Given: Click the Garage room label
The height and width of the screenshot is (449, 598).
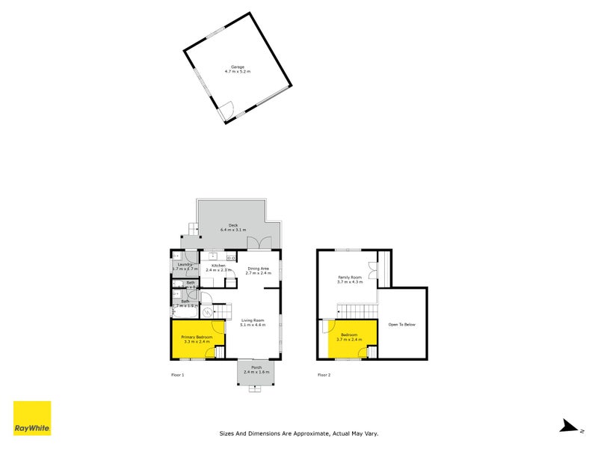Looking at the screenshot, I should pyautogui.click(x=238, y=67).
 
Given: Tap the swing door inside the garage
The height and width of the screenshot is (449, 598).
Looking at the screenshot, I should pyautogui.click(x=226, y=111).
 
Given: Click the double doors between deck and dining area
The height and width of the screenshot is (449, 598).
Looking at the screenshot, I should pyautogui.click(x=260, y=244).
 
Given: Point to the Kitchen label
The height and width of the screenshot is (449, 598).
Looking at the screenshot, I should pyautogui.click(x=218, y=266).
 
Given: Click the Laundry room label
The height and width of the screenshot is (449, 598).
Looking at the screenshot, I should pyautogui.click(x=184, y=264).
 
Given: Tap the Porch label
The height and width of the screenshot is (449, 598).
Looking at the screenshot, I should pyautogui.click(x=256, y=367).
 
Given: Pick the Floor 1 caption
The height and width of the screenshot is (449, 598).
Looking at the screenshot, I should pyautogui.click(x=177, y=375).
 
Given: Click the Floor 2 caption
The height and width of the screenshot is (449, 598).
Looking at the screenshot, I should pyautogui.click(x=324, y=375).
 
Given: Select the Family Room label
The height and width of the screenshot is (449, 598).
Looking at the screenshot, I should pyautogui.click(x=350, y=278).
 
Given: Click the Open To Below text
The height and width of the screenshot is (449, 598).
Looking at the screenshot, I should pyautogui.click(x=402, y=324).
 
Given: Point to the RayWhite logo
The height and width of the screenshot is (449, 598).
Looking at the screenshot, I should pyautogui.click(x=32, y=418).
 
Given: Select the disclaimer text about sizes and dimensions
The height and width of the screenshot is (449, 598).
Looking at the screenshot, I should pyautogui.click(x=298, y=433).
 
